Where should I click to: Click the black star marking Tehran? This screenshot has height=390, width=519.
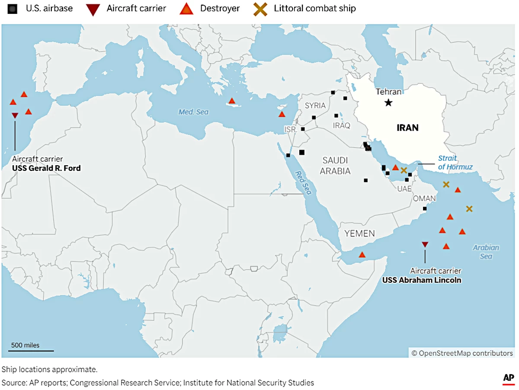[388, 102]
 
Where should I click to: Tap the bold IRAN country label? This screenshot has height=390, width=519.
[407, 128]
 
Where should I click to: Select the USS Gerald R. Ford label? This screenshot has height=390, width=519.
[46, 168]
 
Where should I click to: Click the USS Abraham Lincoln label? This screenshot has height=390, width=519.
[421, 280]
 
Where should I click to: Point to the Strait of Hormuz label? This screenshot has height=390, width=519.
[455, 163]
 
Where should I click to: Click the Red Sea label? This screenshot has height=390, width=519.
[303, 182]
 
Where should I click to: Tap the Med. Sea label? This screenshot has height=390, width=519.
[193, 112]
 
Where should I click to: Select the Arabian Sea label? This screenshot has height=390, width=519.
[486, 252]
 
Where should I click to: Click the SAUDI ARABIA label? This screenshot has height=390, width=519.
[335, 166]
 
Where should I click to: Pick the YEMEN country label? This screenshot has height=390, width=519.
[359, 233]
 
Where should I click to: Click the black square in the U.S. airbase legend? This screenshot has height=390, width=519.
[16, 8]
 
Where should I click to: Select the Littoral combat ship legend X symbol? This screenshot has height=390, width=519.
[259, 8]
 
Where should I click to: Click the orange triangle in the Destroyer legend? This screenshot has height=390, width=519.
[186, 8]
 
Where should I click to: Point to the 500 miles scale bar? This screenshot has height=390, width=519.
[32, 350]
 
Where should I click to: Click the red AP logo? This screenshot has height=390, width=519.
[508, 379]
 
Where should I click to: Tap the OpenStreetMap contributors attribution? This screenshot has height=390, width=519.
[461, 353]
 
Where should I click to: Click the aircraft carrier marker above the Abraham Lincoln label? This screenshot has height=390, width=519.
[425, 245]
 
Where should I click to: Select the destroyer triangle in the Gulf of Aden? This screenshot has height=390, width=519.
[362, 255]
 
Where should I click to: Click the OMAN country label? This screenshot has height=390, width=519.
[424, 198]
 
